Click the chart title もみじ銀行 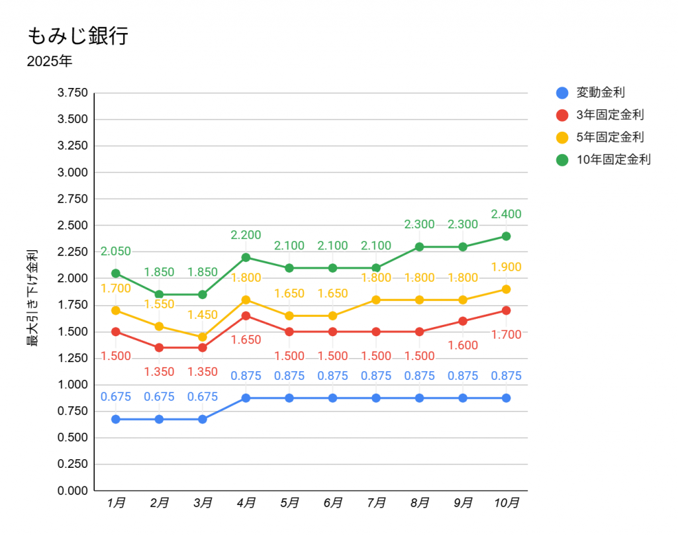click(x=77, y=36)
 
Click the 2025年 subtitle click(x=50, y=62)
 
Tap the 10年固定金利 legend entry click(x=613, y=159)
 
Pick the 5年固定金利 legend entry click(x=610, y=137)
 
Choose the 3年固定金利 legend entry click(x=610, y=115)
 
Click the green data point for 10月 click(x=506, y=236)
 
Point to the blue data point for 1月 click(x=116, y=419)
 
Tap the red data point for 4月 click(x=246, y=316)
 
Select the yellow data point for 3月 click(x=203, y=337)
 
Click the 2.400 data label click(x=506, y=214)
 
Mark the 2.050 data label click(x=116, y=251)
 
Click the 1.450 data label click(x=203, y=315)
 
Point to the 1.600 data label click(x=463, y=345)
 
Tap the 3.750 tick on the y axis click(x=73, y=93)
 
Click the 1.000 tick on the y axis click(x=73, y=384)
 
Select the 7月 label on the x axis click(x=376, y=503)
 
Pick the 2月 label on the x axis click(x=159, y=503)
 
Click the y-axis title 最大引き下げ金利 click(x=32, y=298)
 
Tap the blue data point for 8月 click(x=419, y=398)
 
